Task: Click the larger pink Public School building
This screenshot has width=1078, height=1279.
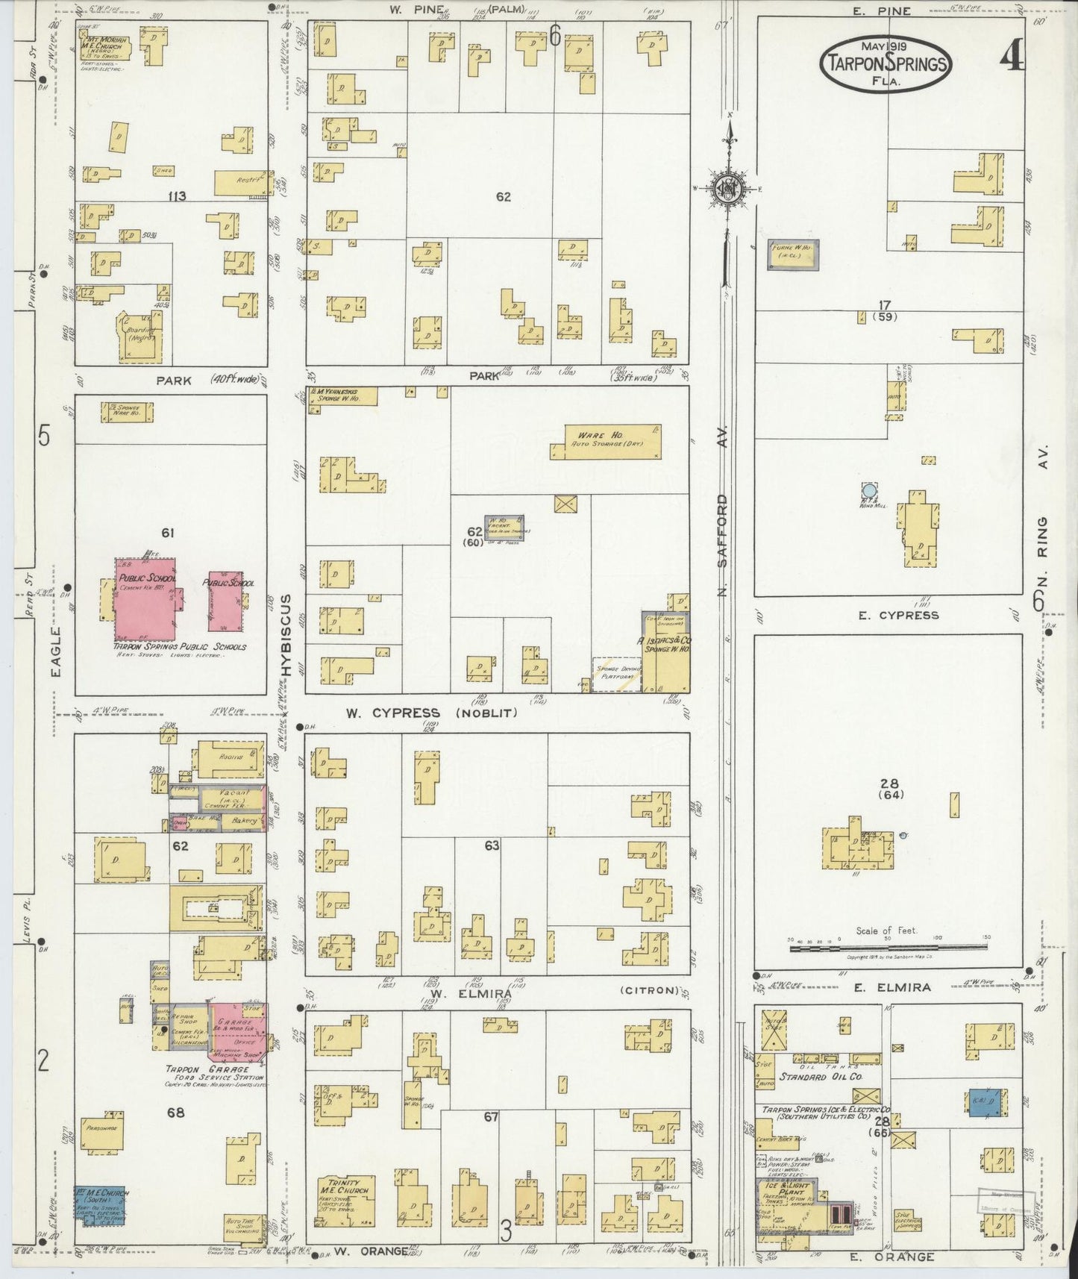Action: (x=145, y=598)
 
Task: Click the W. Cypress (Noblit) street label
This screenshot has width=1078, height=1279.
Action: (x=430, y=713)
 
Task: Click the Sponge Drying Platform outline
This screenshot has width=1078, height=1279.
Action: (x=617, y=674)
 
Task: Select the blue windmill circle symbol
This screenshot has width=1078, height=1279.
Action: (x=868, y=490)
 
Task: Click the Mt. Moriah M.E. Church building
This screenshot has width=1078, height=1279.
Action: (x=105, y=46)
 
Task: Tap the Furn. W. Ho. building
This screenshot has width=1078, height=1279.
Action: (x=794, y=254)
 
